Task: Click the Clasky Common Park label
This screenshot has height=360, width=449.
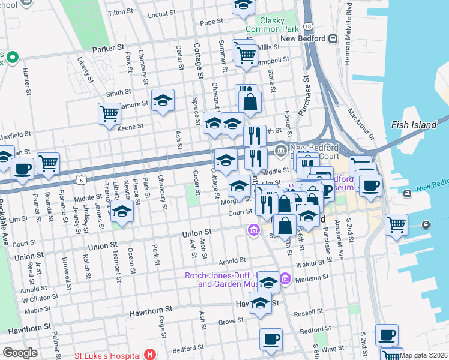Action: (271, 24)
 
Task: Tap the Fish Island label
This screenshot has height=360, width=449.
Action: (409, 125)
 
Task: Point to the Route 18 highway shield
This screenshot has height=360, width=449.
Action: (308, 27)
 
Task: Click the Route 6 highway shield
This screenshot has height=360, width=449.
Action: (80, 179)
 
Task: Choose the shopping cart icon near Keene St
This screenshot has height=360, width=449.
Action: (109, 113)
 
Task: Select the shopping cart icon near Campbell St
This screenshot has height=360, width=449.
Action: (246, 55)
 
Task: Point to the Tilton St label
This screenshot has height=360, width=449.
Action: (120, 12)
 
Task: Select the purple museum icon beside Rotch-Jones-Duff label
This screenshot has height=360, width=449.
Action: (285, 278)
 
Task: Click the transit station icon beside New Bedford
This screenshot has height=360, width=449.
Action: (333, 39)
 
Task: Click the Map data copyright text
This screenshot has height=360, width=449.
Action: (423, 355)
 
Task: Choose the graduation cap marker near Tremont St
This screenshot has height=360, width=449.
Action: (122, 211)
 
